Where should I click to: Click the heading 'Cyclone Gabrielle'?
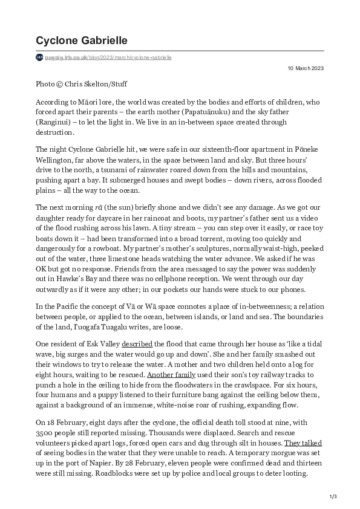tap(81, 41)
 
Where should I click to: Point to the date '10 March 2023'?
tap(305, 68)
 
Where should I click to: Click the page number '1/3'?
tap(332, 497)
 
